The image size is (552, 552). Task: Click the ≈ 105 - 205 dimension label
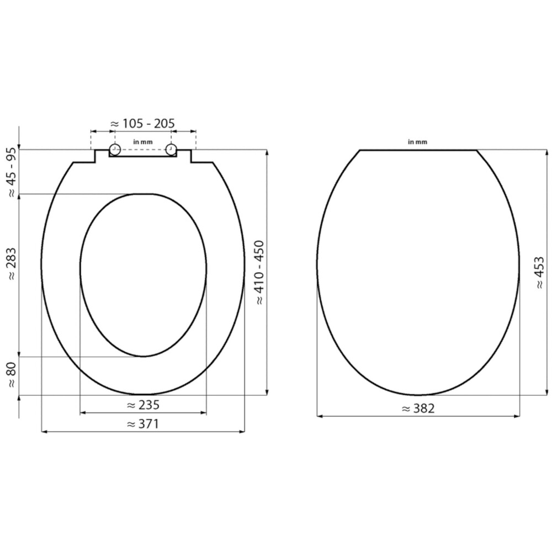coord(143,123)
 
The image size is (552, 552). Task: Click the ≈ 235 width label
coord(143,405)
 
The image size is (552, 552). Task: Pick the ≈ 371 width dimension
coord(143,424)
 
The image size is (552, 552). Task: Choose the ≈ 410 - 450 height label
coord(259,273)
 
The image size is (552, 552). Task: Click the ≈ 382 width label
coord(418,408)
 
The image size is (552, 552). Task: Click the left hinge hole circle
coord(115,150)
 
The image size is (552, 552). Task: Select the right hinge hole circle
coord(171,150)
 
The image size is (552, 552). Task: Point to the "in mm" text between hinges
coord(143,142)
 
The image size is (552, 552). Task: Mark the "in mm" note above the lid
coord(417,142)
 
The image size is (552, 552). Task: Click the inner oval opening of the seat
coord(143,275)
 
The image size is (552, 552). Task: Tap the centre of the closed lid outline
coord(418,273)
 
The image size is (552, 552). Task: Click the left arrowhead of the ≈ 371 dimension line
coord(44,432)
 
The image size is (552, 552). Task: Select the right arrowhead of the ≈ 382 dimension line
coord(517,416)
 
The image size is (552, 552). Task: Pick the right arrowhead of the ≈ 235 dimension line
coord(204,412)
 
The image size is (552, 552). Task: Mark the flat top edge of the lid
coord(418,150)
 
